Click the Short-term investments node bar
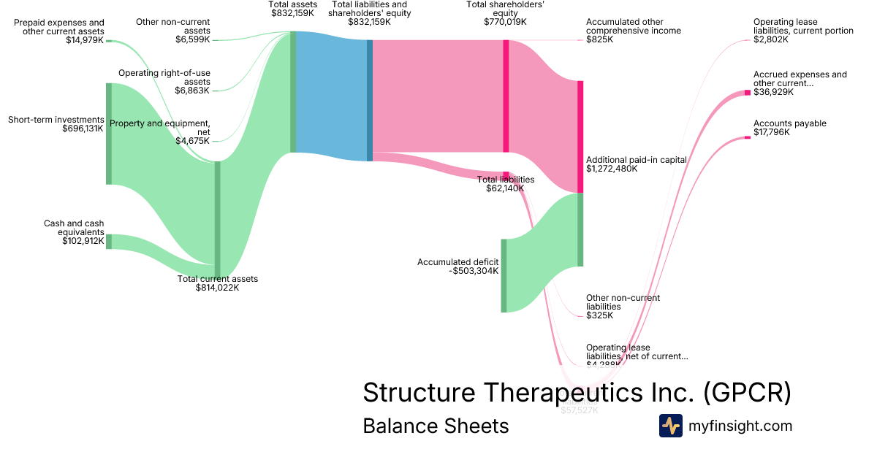(109, 134)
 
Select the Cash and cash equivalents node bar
(109, 241)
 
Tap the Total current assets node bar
(217, 219)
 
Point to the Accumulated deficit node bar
(504, 275)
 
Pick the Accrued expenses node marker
(747, 92)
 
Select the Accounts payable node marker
(747, 137)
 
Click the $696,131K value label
(83, 129)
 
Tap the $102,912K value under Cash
(83, 240)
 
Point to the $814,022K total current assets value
(217, 288)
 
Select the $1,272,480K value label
(612, 169)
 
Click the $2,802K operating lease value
(771, 39)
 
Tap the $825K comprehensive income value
(600, 39)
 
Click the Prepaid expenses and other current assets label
(59, 27)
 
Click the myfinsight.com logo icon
(670, 426)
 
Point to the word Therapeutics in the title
(567, 393)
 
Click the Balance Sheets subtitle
(436, 426)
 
